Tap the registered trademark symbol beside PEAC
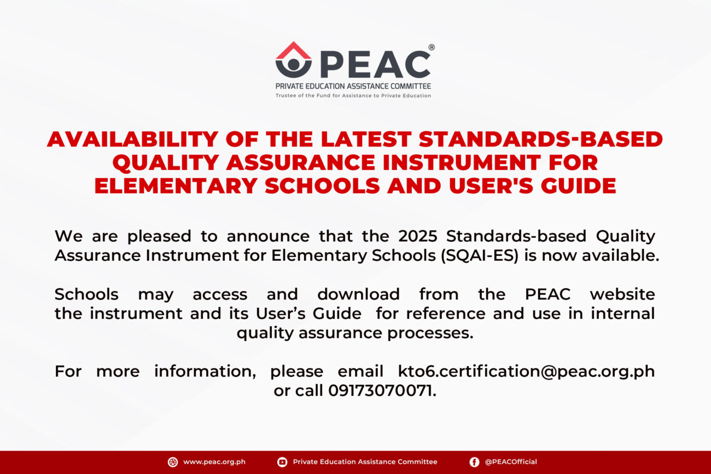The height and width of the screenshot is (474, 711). click(432, 47)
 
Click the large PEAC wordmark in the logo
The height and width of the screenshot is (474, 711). click(375, 65)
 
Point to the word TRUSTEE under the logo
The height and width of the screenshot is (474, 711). click(285, 96)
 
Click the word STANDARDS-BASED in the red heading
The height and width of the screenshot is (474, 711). click(541, 139)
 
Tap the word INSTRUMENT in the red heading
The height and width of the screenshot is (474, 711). click(462, 162)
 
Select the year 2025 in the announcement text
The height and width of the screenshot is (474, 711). click(418, 236)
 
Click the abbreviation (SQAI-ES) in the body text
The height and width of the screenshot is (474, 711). click(480, 256)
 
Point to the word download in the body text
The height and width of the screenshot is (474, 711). click(358, 294)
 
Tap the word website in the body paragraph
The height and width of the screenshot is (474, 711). click(622, 294)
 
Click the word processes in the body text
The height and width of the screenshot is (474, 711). click(430, 333)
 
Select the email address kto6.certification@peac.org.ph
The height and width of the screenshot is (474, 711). click(527, 371)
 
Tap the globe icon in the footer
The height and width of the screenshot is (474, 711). click(173, 462)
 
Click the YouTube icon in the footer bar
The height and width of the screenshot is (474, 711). click(282, 462)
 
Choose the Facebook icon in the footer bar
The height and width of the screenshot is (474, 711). click(474, 462)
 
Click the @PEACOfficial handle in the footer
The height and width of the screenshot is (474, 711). click(511, 462)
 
